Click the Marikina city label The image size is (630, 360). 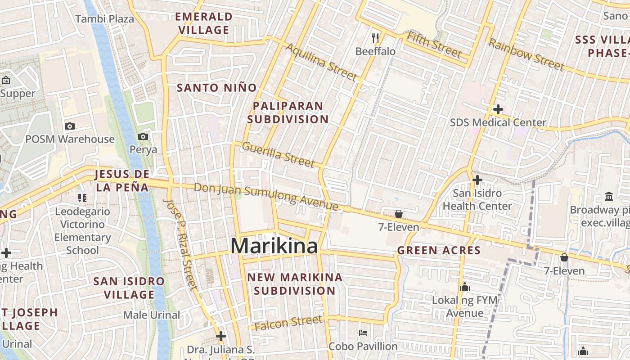274,246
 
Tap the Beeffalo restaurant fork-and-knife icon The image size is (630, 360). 376,38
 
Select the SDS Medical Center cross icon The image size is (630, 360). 498,109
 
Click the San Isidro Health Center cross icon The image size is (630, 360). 477,180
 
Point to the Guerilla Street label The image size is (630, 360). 278,154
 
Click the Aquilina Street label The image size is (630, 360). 321,62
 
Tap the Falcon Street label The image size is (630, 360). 288,323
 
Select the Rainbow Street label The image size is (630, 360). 526,54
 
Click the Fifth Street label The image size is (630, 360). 434,45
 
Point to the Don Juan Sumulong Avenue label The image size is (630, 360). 266,197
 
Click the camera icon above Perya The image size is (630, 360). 143,136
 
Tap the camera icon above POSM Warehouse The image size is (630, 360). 70,126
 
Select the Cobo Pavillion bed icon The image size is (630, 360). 363,333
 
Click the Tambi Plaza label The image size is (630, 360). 105,19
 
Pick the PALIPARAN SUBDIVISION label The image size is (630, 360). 288,112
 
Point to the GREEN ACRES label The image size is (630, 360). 439,250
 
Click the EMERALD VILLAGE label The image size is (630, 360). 204,23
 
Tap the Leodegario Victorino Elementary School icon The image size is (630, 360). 82,198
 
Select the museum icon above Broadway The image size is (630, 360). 609,196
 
